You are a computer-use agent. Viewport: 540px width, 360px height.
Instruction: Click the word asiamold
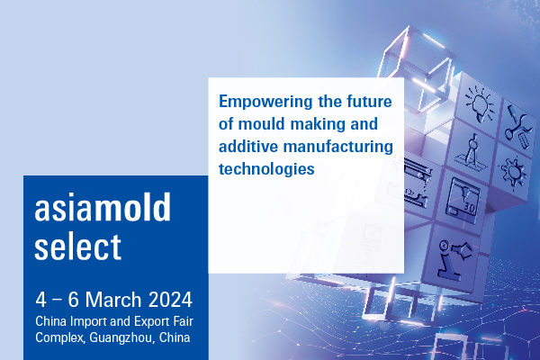(103, 207)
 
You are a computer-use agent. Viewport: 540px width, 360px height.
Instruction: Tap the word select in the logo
(77, 246)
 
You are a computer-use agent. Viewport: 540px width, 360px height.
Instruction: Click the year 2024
(170, 300)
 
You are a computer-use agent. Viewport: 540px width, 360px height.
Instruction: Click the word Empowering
(265, 103)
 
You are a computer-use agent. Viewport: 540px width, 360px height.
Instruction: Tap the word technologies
(266, 169)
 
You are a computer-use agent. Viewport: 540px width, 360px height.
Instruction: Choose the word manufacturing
(337, 147)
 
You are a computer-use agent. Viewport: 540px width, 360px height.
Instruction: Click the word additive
(248, 146)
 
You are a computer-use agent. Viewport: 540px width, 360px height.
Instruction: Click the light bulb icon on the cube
(481, 103)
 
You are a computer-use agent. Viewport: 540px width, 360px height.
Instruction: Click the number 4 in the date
(40, 300)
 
